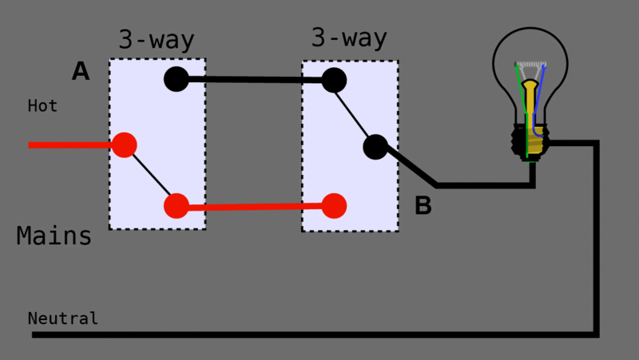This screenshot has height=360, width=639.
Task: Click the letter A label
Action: click(x=81, y=72)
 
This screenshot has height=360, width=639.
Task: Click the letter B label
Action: click(x=423, y=206)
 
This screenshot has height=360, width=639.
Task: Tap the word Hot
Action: click(x=42, y=105)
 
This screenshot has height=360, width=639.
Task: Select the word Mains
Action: click(x=54, y=236)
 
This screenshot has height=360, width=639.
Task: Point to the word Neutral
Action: click(x=63, y=318)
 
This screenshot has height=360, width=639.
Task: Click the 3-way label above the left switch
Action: click(x=157, y=40)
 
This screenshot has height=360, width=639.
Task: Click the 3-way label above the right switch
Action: click(x=349, y=38)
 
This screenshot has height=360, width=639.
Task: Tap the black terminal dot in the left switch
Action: click(x=176, y=79)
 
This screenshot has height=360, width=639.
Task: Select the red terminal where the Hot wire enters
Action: click(x=124, y=144)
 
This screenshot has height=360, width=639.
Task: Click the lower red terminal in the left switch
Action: click(x=176, y=206)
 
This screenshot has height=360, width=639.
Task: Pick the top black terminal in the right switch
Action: click(x=334, y=80)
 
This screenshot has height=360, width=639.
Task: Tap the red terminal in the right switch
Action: click(x=334, y=206)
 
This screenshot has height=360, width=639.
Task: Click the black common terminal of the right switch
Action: click(x=375, y=147)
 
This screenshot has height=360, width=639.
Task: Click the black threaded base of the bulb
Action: click(x=530, y=141)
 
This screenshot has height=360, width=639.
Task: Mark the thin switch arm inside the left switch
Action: click(x=150, y=176)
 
